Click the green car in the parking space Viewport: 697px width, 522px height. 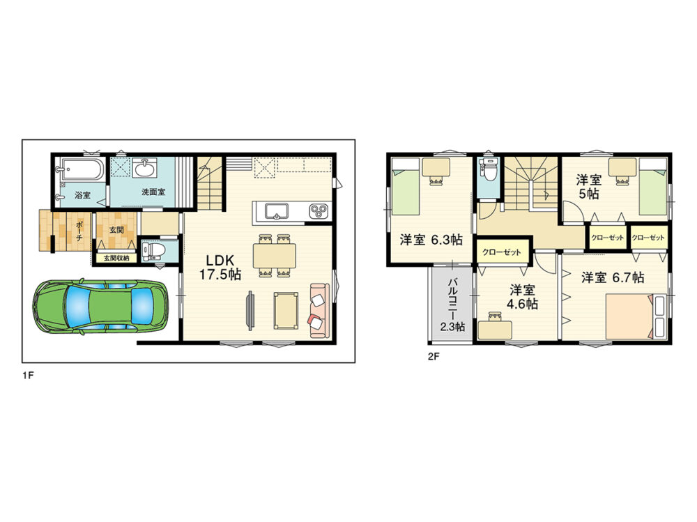click(x=100, y=307)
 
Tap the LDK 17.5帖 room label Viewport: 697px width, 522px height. click(x=220, y=267)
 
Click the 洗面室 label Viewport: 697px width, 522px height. click(x=153, y=192)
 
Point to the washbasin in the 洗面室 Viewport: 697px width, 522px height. click(x=145, y=169)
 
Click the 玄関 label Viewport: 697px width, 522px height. click(x=116, y=230)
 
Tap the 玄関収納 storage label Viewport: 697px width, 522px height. click(x=116, y=258)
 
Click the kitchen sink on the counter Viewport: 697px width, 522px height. click(x=277, y=210)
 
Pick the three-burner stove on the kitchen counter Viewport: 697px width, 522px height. click(x=319, y=210)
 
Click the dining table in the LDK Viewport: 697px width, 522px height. click(x=274, y=256)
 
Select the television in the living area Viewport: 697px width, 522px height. click(x=250, y=310)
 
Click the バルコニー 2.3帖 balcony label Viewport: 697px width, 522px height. click(x=453, y=305)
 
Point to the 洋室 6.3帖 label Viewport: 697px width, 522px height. click(x=431, y=240)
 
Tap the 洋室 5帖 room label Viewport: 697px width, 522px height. click(x=588, y=187)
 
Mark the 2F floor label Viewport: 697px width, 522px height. click(x=434, y=357)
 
